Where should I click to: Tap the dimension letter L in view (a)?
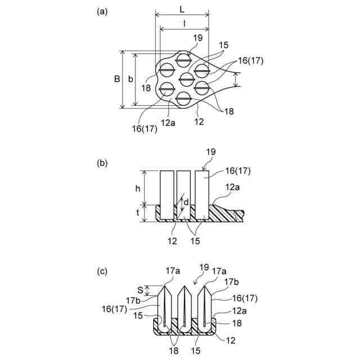tap(181, 10)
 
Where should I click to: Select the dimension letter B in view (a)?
tap(116, 79)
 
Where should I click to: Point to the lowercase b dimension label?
tap(130, 79)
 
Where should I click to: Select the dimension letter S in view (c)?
tap(140, 290)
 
